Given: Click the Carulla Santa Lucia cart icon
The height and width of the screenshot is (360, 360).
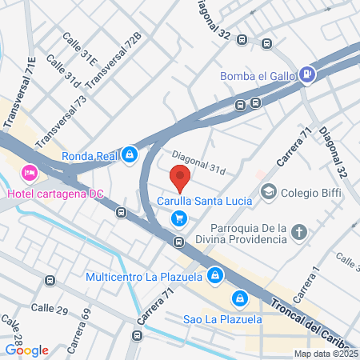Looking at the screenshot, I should tap(180, 217).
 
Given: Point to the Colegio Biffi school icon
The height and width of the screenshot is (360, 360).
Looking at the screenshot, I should tap(269, 192).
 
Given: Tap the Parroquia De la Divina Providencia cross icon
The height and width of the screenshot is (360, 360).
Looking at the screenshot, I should tap(300, 233).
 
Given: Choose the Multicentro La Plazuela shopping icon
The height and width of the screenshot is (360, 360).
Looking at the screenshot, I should tap(214, 278).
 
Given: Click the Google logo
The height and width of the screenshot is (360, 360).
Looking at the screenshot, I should tap(26, 350).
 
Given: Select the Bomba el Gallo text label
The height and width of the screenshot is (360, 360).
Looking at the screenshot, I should tap(256, 76).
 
